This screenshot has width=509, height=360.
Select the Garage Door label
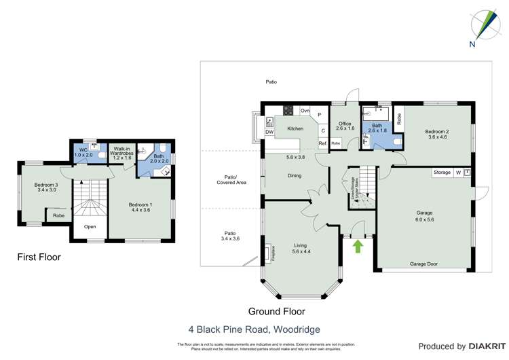point(423,264)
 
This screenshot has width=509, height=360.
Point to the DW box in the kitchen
point(269,132)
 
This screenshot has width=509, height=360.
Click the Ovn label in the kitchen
point(305,110)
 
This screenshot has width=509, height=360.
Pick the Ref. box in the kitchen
point(323,143)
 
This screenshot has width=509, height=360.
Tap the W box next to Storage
point(458,173)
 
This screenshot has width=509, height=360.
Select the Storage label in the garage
point(442,173)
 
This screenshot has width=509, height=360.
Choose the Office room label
point(345,122)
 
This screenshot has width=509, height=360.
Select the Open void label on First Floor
point(90,227)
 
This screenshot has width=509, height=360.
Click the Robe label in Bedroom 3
point(58,216)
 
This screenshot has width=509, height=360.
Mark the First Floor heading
point(39,257)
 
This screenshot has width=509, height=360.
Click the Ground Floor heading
point(276,312)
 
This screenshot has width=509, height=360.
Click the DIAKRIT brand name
point(469,346)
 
